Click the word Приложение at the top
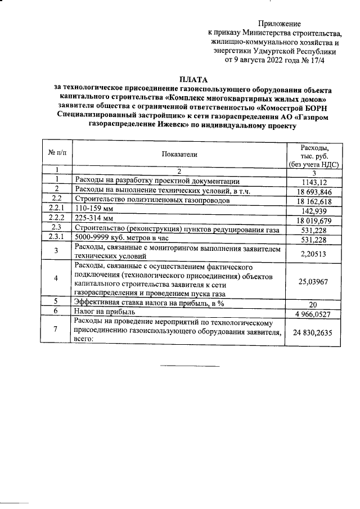(280, 24)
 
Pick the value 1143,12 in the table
(311, 182)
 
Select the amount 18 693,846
(311, 192)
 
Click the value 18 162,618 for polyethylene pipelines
(311, 201)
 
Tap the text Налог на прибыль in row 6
(105, 310)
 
